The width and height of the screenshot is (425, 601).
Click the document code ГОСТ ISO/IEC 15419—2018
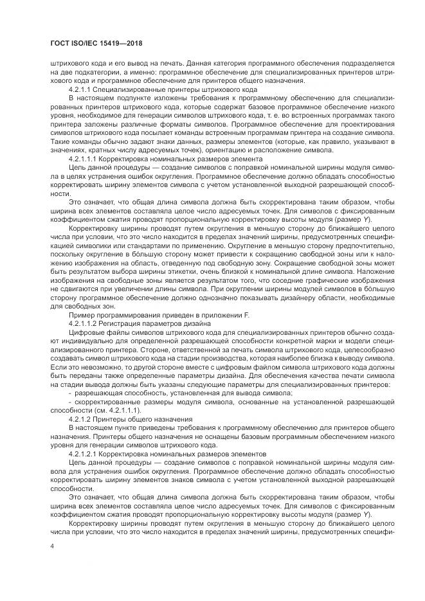96,43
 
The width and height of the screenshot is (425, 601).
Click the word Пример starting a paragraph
83,314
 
